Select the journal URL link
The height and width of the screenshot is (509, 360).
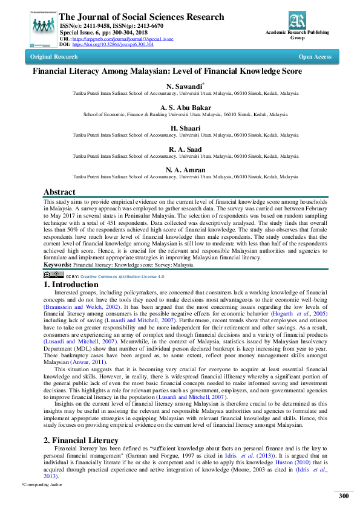(x=123, y=39)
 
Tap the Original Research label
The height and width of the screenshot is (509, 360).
(x=54, y=57)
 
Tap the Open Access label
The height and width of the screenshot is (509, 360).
(x=315, y=57)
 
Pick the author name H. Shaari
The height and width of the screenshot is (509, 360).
(x=180, y=128)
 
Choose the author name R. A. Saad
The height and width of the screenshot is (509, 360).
(x=180, y=149)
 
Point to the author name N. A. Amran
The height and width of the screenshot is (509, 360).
(x=180, y=169)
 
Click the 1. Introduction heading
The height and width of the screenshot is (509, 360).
(x=71, y=284)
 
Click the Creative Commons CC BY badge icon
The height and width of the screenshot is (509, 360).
(x=54, y=275)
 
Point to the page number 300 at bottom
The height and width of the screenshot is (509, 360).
(x=344, y=496)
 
